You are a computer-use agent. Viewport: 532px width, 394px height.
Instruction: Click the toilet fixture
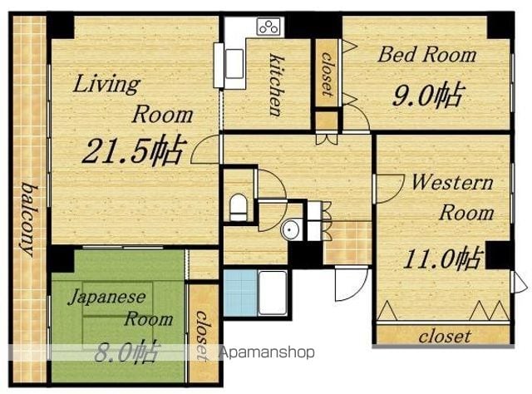(239, 207)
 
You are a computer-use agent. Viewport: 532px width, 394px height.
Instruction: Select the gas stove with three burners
(269, 27)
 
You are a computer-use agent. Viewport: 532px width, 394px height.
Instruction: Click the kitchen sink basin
(234, 64)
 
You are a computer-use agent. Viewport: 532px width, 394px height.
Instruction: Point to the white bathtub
(273, 293)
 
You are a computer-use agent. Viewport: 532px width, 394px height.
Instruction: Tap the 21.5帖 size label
(135, 150)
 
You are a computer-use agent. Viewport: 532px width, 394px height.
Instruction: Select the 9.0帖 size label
(427, 95)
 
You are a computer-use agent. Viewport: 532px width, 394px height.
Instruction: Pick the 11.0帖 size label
(441, 259)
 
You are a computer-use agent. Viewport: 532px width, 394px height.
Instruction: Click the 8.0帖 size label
(126, 352)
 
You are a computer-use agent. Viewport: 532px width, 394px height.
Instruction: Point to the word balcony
(30, 219)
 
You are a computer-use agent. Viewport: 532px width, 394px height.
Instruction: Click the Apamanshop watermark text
(267, 352)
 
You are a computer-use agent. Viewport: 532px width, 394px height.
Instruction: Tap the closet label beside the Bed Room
(327, 73)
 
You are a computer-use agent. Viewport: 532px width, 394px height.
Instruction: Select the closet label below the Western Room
(445, 337)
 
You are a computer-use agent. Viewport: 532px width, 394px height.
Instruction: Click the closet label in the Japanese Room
(202, 336)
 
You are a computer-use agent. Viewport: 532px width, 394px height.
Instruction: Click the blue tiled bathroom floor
(240, 293)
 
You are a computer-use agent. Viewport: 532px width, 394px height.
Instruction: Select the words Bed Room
(427, 55)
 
